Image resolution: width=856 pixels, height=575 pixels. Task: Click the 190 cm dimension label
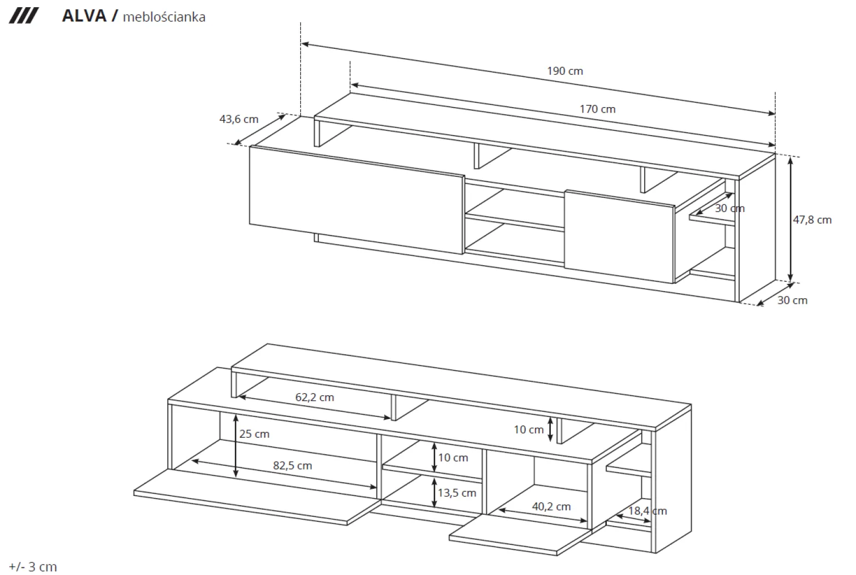[x=565, y=71]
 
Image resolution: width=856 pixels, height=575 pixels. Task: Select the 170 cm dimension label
[x=598, y=109]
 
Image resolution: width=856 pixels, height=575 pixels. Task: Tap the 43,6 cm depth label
[x=239, y=119]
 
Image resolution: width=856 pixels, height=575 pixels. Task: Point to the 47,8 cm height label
[x=812, y=220]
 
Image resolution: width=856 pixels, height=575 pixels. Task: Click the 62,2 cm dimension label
[x=314, y=398]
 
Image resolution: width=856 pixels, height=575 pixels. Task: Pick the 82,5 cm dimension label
[x=292, y=466]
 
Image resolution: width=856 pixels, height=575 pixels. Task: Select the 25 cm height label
[x=254, y=434]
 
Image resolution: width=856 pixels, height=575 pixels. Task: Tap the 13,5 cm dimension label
[x=457, y=493]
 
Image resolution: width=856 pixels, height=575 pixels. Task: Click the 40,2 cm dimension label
[x=551, y=507]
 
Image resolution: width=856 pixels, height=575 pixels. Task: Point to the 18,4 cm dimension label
[x=647, y=511]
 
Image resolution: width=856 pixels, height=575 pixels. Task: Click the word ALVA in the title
[x=84, y=16]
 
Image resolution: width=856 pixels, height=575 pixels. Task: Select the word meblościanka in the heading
[x=164, y=17]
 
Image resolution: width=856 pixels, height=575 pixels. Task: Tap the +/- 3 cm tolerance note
[x=33, y=567]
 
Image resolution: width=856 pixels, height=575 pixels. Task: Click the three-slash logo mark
[x=24, y=16]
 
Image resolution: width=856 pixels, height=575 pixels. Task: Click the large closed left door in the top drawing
[x=357, y=200]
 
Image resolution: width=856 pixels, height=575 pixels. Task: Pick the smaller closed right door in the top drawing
[x=620, y=237]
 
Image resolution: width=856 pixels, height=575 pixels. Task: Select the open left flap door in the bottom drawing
[x=257, y=498]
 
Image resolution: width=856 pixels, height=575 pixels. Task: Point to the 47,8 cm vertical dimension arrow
[x=790, y=220]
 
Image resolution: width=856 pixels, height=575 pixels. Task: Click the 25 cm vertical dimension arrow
[x=236, y=446]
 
